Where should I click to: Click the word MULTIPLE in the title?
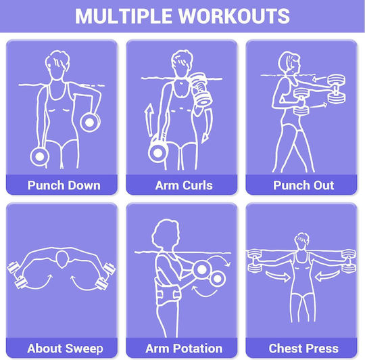(x=124, y=16)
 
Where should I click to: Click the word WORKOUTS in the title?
(x=234, y=16)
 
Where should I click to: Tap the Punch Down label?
(x=64, y=185)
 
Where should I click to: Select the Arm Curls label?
(x=184, y=185)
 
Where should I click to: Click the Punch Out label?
(x=303, y=185)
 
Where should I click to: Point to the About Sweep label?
(x=65, y=348)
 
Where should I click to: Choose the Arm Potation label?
(x=184, y=348)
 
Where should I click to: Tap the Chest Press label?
(x=303, y=348)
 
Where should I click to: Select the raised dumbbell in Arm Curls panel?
(x=201, y=89)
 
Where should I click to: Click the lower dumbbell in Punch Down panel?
(x=39, y=156)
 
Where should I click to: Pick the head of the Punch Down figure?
(x=57, y=64)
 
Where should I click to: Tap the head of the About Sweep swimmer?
(x=62, y=259)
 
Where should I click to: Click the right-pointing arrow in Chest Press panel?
(x=278, y=276)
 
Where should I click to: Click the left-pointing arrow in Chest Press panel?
(x=327, y=276)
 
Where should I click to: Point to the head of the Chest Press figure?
(x=301, y=241)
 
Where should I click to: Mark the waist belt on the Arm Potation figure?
(x=167, y=293)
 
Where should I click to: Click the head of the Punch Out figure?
(x=289, y=63)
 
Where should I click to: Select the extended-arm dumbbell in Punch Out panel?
(x=337, y=89)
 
